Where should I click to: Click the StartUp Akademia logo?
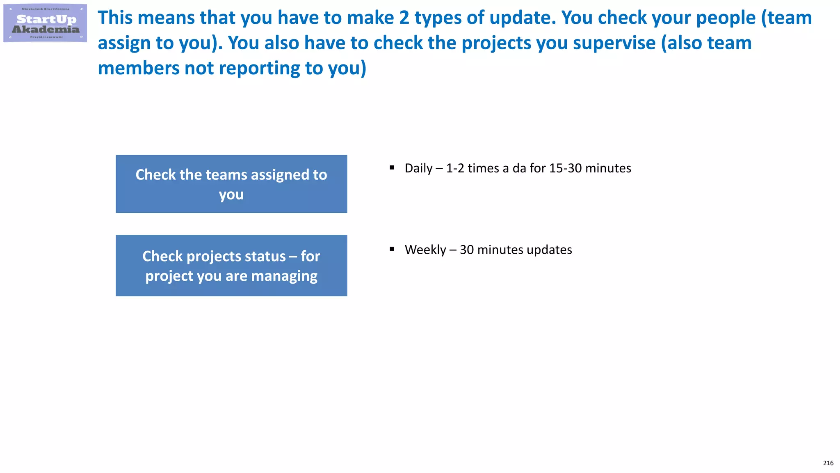[45, 23]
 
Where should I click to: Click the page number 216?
[828, 463]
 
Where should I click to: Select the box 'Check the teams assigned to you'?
[231, 184]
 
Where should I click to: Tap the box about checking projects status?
[231, 266]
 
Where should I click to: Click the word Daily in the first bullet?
[418, 168]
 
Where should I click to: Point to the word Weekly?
[425, 250]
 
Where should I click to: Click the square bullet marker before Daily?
[392, 168]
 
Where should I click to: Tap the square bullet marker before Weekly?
[392, 249]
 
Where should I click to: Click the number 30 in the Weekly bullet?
[467, 250]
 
